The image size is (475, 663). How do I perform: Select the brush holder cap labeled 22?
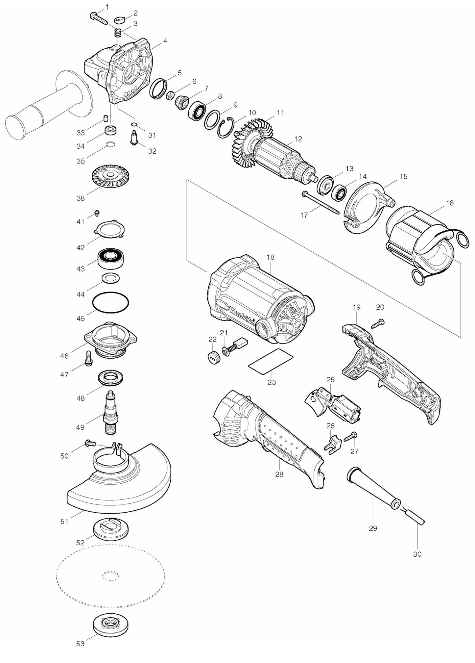click(213, 356)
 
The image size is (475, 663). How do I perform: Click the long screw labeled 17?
click(320, 204)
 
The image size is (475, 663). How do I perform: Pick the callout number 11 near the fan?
click(280, 113)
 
